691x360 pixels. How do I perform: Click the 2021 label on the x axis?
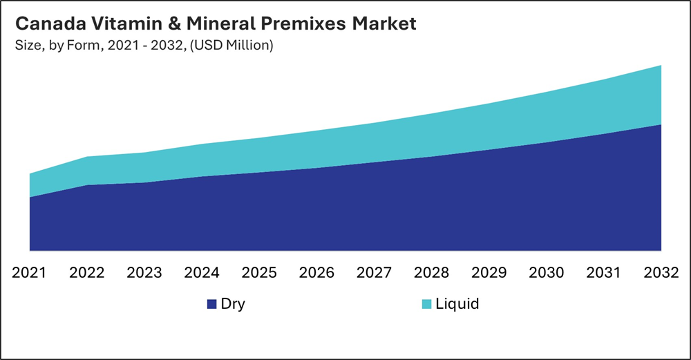click(x=30, y=272)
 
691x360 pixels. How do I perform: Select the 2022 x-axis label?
click(x=87, y=272)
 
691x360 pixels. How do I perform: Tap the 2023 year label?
click(x=144, y=272)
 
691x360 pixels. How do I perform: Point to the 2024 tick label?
click(x=202, y=272)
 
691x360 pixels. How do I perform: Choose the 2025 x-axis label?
click(x=259, y=272)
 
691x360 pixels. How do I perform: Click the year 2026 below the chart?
click(x=316, y=272)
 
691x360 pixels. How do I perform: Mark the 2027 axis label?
click(x=374, y=272)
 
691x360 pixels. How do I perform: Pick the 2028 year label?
click(x=432, y=272)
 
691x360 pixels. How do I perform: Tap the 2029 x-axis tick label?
click(x=489, y=272)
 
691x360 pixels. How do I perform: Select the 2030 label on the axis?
click(x=547, y=272)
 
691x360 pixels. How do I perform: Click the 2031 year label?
click(x=604, y=272)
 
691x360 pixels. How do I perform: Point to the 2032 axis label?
click(x=661, y=272)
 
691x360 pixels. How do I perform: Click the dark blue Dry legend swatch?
click(x=211, y=304)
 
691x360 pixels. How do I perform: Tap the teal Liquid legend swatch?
click(x=426, y=304)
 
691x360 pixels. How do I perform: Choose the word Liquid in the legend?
click(x=457, y=303)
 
